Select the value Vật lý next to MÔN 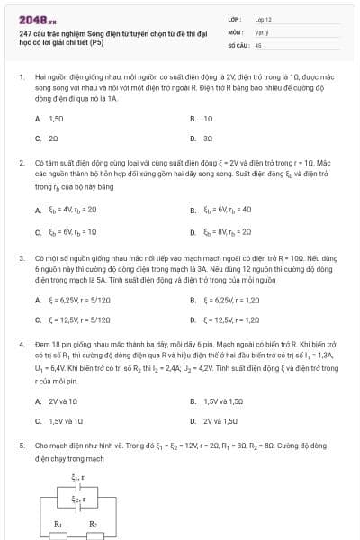pos(262,30)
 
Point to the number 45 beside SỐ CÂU pos(258,43)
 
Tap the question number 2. pos(22,163)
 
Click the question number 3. pos(22,256)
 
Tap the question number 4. pos(22,345)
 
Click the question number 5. pos(22,445)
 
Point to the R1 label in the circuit pos(58,522)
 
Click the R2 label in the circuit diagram pos(92,522)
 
